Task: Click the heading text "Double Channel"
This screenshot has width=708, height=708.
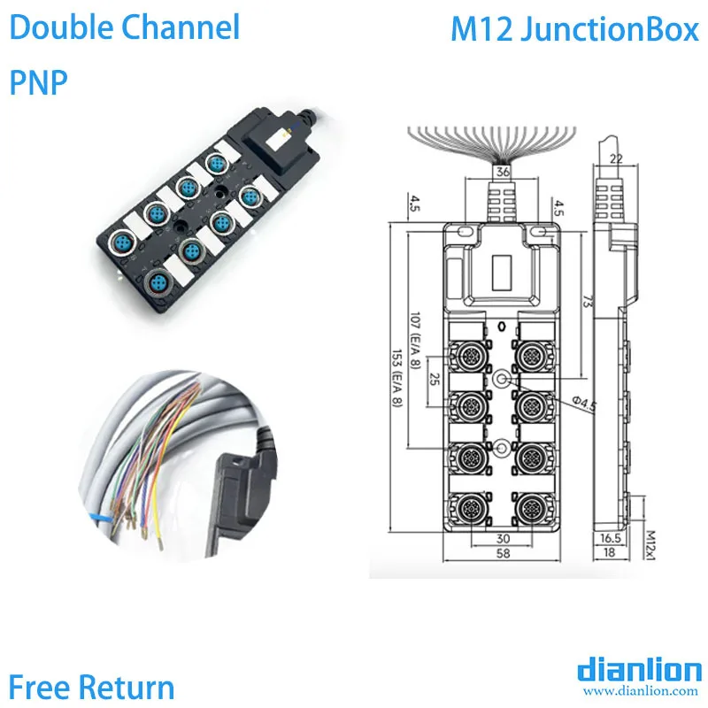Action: pos(125,28)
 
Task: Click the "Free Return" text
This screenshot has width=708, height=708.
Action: pos(92,686)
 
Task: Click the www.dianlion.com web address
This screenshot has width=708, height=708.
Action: pos(640,690)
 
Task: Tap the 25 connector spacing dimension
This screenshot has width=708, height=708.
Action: pos(435,381)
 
